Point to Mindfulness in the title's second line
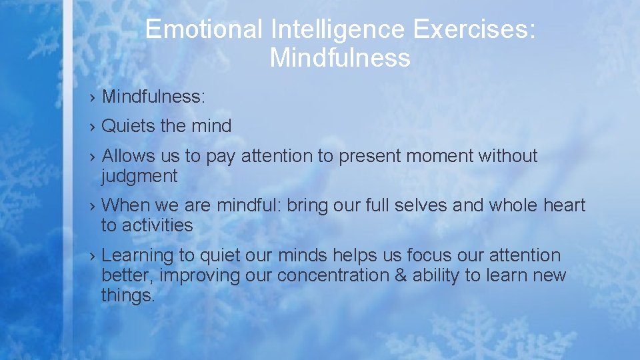point(340,58)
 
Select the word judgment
point(139,177)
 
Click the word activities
point(157,226)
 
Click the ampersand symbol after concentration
point(399,275)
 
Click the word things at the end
point(127,295)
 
